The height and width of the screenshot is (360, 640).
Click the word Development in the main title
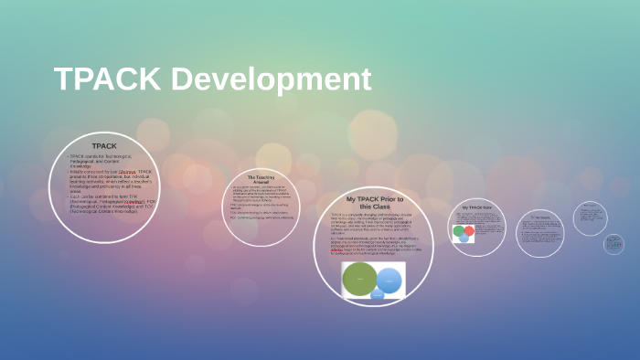[270, 79]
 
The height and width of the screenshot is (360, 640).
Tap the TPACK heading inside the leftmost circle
[104, 145]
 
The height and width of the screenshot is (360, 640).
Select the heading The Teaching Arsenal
[261, 179]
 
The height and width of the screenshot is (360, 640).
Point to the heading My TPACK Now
[476, 207]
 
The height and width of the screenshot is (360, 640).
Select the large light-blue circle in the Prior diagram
[390, 281]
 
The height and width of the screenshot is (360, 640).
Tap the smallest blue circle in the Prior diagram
[377, 294]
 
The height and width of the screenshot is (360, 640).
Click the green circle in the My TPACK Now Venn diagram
[460, 231]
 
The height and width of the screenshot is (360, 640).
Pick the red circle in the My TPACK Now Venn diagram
[469, 230]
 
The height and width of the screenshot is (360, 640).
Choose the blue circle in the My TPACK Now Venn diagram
[464, 238]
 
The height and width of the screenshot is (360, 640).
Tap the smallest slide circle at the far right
[613, 244]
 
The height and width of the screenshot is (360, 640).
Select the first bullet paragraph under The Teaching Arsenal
[261, 193]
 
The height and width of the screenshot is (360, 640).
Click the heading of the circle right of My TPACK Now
[539, 217]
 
